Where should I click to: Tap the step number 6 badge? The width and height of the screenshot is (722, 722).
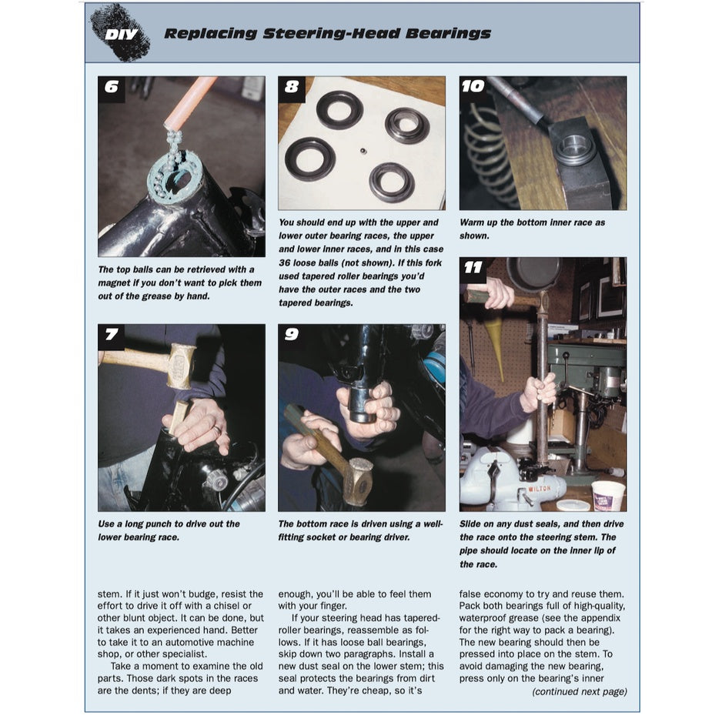[x=112, y=88]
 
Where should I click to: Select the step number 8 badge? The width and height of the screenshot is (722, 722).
[x=292, y=88]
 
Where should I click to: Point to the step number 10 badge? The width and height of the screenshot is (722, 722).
[x=473, y=87]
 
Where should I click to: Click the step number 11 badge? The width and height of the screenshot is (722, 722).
[x=473, y=269]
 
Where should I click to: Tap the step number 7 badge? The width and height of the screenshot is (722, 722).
[x=112, y=336]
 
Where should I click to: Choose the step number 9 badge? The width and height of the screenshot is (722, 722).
[x=292, y=336]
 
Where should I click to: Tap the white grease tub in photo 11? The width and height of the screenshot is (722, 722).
[x=608, y=495]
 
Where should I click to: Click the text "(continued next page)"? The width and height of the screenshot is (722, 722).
[x=579, y=691]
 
